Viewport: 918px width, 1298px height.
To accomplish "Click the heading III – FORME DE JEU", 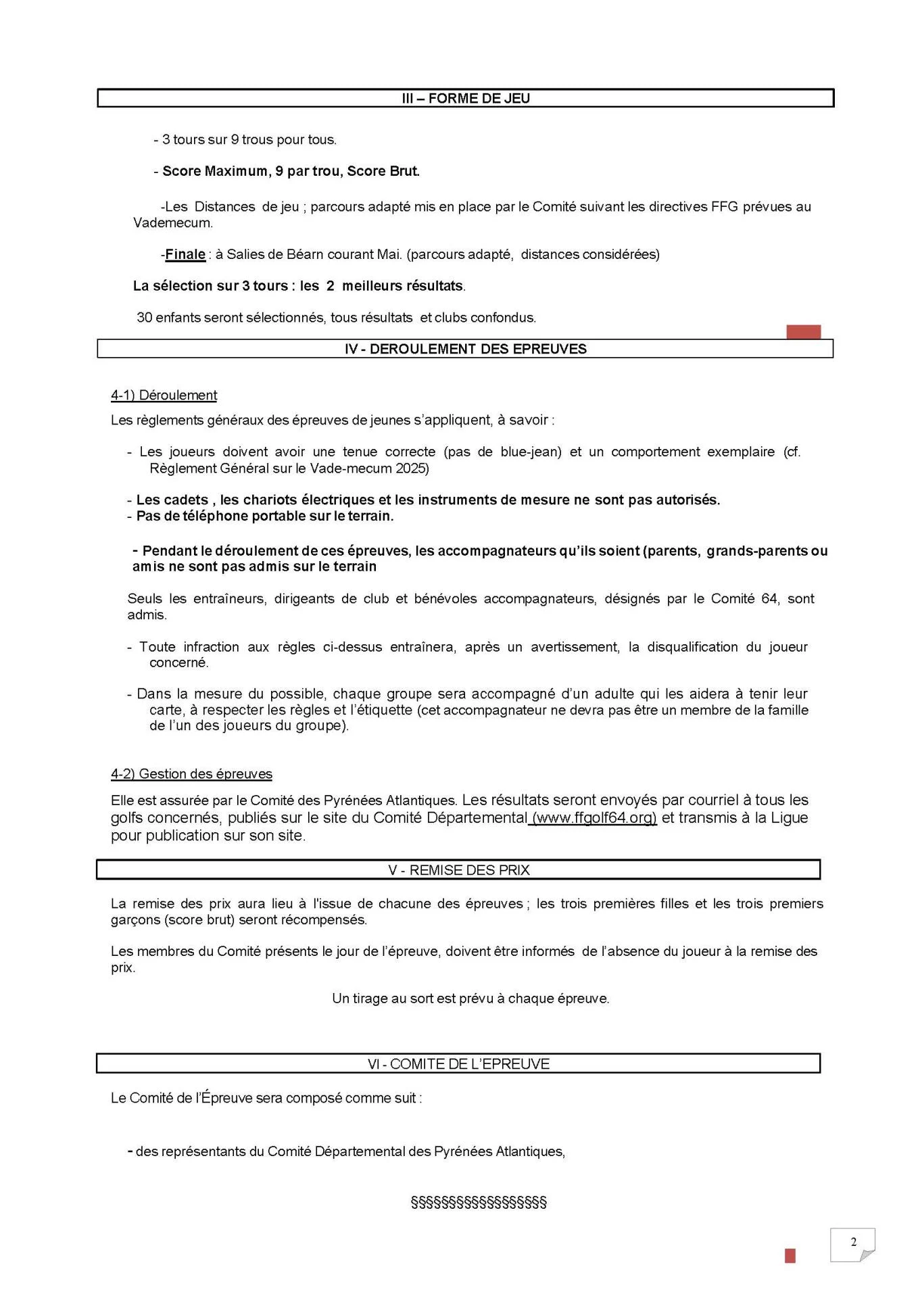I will click(x=465, y=99).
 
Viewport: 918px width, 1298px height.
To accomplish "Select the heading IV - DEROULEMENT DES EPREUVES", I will click(x=465, y=349).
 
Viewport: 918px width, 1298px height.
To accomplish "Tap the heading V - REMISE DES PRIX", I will click(x=458, y=870).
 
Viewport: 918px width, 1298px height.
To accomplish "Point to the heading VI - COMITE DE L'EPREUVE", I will click(x=458, y=1064).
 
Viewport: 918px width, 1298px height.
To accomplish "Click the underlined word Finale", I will click(x=185, y=255).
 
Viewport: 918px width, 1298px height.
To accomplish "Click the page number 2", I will click(x=853, y=1242).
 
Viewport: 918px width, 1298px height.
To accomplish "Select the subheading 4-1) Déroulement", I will click(x=164, y=395).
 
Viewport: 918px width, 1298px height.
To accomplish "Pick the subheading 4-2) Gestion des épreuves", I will click(x=191, y=774).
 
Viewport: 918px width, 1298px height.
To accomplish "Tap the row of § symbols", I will click(x=479, y=1202).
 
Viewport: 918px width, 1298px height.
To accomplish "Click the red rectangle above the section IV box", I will click(x=803, y=331).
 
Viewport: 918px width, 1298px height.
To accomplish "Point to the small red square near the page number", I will click(x=790, y=1255).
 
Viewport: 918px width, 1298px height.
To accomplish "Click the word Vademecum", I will click(x=172, y=223).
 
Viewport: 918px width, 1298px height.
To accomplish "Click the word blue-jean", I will click(x=531, y=452).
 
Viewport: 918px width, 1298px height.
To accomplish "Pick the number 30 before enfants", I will click(x=144, y=318).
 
